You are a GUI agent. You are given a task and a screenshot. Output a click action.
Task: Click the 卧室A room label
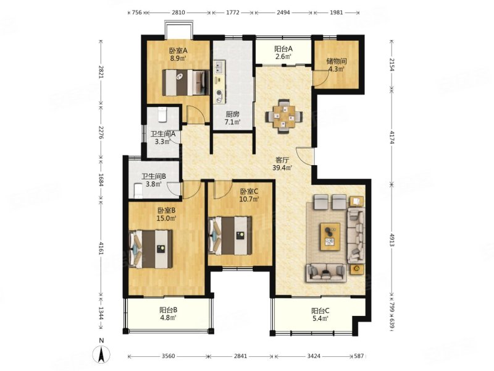coord(178,51)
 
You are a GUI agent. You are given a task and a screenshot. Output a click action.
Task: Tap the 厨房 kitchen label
coord(233,114)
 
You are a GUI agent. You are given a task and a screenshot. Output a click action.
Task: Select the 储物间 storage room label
coord(336,61)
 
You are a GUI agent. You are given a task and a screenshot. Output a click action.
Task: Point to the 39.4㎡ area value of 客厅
coord(283,168)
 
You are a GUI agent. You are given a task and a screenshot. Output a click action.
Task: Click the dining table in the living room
coord(285,116)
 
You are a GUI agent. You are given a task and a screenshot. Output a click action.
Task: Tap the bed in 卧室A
coord(186,82)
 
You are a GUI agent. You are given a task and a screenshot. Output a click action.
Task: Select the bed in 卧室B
coord(151,249)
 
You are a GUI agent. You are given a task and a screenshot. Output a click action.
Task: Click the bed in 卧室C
coord(230,236)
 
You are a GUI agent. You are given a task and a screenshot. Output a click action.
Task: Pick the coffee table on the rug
coord(330,237)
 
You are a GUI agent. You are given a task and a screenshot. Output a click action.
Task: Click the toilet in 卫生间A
coord(162,115)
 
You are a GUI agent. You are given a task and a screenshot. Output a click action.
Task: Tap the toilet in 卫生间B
coord(138,191)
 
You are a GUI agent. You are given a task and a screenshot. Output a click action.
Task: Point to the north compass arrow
coord(101,354)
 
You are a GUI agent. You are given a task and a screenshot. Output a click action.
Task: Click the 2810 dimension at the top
coord(178,12)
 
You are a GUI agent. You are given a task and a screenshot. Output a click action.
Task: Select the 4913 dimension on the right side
coord(392,240)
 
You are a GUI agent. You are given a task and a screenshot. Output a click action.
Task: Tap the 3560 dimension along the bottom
coord(168,356)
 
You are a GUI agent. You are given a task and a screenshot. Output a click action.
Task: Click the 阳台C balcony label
coord(320,311)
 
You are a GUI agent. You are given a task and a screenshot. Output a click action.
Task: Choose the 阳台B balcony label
coord(168,310)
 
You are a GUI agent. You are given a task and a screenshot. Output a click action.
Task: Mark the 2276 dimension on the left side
coord(101,132)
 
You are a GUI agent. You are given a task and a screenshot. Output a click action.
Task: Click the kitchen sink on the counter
coord(219,67)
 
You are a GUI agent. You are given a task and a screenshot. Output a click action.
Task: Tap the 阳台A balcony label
coord(283,49)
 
